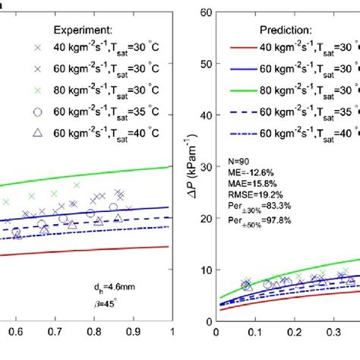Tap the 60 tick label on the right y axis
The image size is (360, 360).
205,12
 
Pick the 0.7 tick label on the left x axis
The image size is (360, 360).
55,332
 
